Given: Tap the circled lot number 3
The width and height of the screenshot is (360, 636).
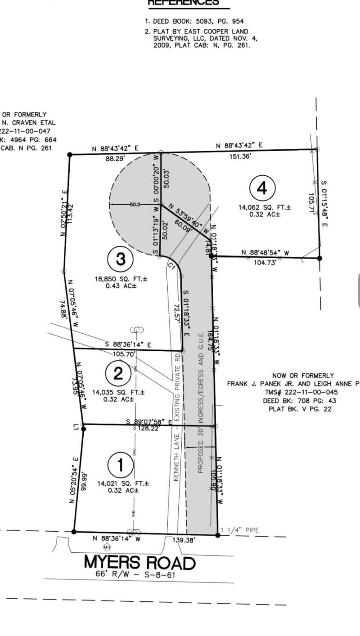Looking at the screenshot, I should tap(120, 259).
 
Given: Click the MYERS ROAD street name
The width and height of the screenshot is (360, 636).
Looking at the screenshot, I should tap(140, 563).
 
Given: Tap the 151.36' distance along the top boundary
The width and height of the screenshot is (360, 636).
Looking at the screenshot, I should tap(239, 156).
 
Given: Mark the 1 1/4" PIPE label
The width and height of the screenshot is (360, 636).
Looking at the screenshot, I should tap(241, 530).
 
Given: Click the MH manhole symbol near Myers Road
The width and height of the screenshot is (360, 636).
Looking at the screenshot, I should tap(107, 547).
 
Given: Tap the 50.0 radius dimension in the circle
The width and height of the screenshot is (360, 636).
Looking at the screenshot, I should tap(135, 204).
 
